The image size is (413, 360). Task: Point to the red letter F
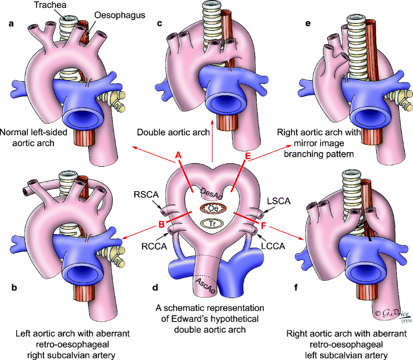(263, 226)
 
